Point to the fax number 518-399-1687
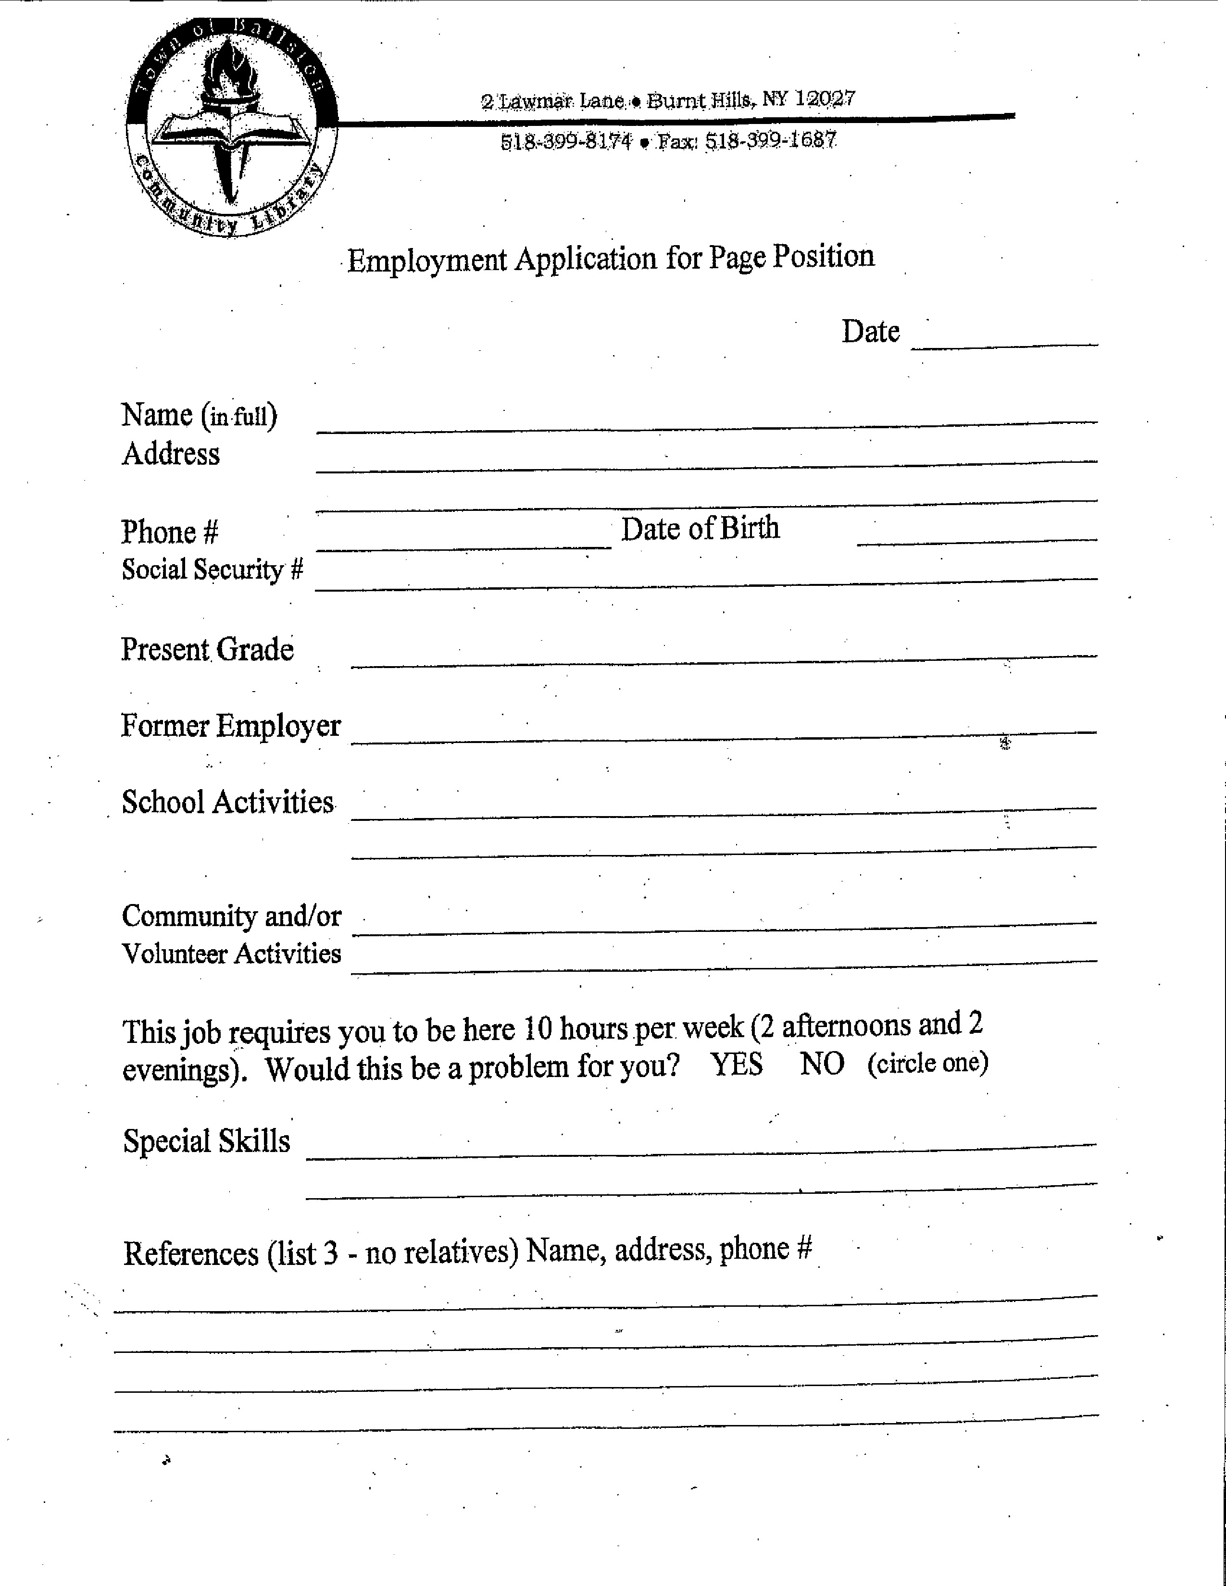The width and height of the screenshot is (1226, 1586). pyautogui.click(x=771, y=139)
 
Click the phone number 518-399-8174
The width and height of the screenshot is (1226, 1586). pyautogui.click(x=566, y=141)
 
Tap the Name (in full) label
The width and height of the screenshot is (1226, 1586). pyautogui.click(x=199, y=415)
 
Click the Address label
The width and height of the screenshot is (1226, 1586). pyautogui.click(x=171, y=454)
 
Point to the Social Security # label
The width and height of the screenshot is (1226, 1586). pyautogui.click(x=212, y=570)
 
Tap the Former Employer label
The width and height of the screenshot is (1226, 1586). pyautogui.click(x=230, y=725)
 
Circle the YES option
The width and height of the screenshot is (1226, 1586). pyautogui.click(x=737, y=1065)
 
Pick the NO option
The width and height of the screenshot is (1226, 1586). pyautogui.click(x=822, y=1065)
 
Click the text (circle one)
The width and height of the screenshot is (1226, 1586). pyautogui.click(x=927, y=1063)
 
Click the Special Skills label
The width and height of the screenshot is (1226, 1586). pyautogui.click(x=206, y=1141)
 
